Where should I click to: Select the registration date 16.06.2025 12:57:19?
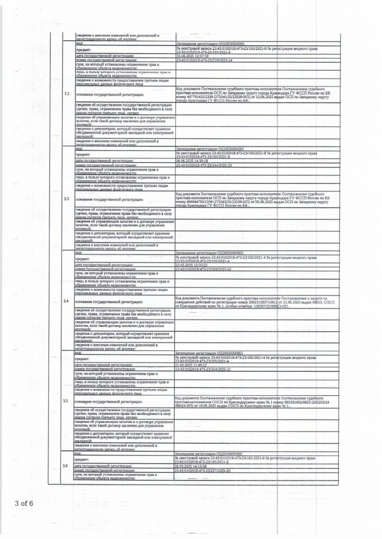(x=192, y=56)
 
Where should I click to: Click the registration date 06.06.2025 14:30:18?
(x=192, y=161)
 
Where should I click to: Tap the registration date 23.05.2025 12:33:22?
(x=192, y=264)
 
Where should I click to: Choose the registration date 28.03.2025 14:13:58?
(x=192, y=466)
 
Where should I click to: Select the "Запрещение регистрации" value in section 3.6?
(x=202, y=453)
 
